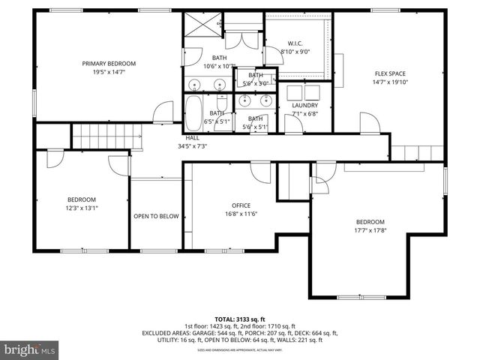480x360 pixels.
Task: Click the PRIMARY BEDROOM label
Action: [108, 64]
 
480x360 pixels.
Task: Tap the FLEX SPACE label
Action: [390, 73]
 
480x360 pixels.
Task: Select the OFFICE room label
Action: [241, 205]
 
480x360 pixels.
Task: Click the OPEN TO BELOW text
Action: [156, 216]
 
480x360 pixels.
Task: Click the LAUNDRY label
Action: [304, 106]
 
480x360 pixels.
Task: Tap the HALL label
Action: [193, 138]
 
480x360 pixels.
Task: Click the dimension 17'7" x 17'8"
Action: [370, 231]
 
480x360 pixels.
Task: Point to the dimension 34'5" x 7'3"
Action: [193, 146]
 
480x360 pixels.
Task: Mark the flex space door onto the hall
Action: [368, 122]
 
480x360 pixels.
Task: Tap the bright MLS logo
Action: [30, 349]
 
